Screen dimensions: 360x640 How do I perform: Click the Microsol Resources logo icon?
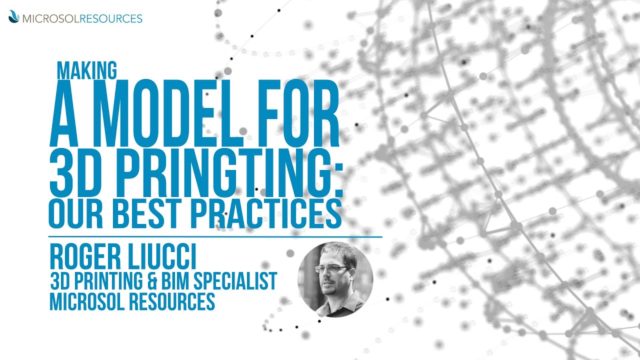[x=14, y=17]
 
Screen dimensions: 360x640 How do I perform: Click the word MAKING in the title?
[x=87, y=70]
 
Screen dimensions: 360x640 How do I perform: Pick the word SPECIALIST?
[x=242, y=281]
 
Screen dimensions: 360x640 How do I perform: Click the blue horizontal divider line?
[x=215, y=236]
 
